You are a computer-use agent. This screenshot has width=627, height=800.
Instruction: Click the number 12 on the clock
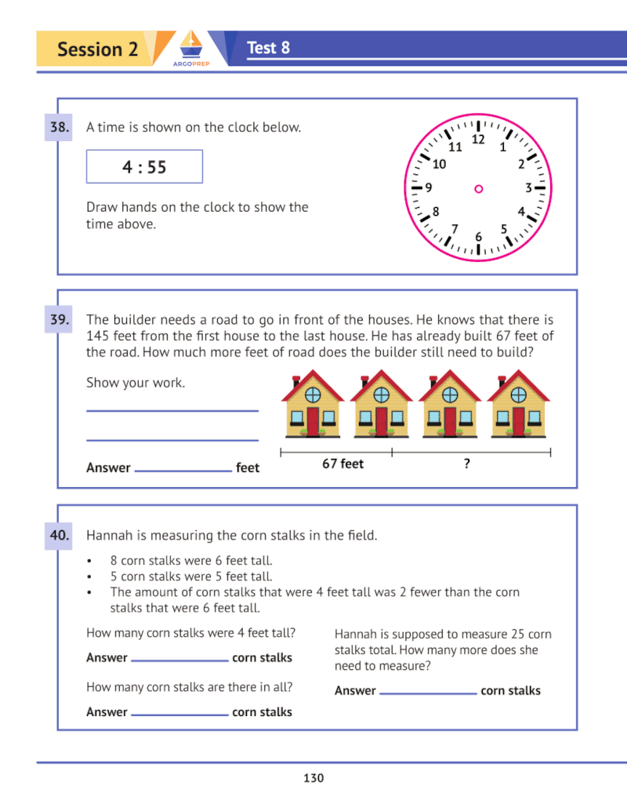click(x=478, y=140)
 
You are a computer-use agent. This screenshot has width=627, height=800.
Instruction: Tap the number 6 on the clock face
click(x=478, y=236)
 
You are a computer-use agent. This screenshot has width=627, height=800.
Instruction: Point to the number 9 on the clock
click(x=428, y=188)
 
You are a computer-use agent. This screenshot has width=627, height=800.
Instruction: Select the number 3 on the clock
click(x=528, y=188)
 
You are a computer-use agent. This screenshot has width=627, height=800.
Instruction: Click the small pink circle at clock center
click(x=478, y=188)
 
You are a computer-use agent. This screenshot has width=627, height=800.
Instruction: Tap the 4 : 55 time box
click(x=144, y=167)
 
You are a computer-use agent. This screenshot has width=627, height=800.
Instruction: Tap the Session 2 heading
click(x=97, y=49)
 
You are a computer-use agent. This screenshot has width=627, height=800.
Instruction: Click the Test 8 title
click(x=268, y=48)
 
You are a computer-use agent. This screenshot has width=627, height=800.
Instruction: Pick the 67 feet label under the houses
click(x=343, y=464)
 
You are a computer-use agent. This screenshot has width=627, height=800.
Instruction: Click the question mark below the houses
click(x=467, y=464)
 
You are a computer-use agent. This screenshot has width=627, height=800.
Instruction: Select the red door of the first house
click(x=313, y=421)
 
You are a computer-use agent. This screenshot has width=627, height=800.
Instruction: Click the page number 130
click(x=313, y=778)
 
